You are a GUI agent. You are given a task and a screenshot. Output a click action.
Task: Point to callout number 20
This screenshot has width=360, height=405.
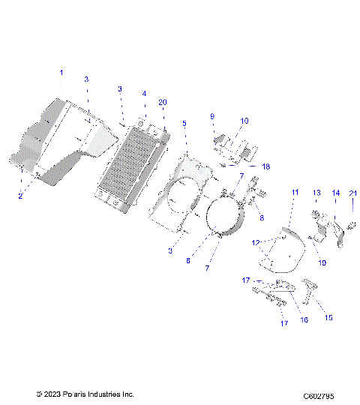coord(163,102)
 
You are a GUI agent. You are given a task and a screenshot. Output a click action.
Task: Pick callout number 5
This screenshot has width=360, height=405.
coord(184,122)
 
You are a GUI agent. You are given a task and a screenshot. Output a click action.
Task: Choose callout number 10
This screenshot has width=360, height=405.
coord(244,121)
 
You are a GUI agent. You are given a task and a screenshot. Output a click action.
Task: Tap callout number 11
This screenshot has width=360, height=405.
coord(295,192)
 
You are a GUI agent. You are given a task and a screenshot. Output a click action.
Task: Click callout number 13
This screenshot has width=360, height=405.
coord(316,193)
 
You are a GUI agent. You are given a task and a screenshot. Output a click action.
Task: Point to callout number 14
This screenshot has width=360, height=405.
coord(335,193)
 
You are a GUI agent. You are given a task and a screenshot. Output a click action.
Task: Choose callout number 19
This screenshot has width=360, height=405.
coord(322,263)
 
